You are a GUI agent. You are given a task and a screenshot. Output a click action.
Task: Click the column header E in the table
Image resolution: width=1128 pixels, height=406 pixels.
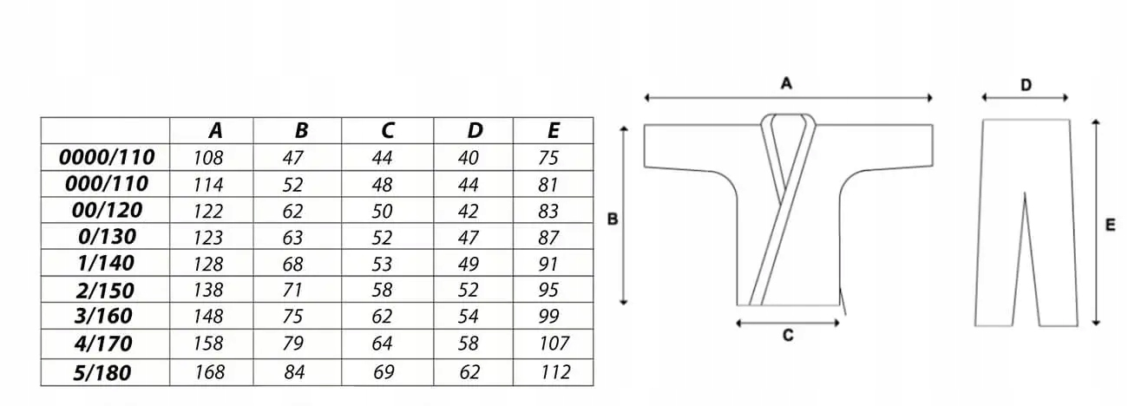click(554, 131)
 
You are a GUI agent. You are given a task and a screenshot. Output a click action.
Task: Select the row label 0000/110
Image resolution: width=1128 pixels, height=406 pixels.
click(107, 158)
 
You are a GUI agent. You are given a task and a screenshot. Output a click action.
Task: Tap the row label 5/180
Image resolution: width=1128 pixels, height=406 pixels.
click(104, 372)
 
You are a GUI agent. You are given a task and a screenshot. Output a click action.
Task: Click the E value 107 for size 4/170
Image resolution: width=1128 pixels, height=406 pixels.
click(554, 344)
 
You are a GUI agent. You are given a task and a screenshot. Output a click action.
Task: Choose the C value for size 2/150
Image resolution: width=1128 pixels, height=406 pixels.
click(382, 291)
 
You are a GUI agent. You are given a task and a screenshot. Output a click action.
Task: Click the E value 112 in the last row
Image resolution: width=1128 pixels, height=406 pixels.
click(554, 372)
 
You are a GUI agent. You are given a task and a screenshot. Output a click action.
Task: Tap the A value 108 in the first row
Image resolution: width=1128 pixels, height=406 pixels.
click(209, 158)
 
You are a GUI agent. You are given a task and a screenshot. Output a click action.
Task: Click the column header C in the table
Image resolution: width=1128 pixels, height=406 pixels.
click(387, 131)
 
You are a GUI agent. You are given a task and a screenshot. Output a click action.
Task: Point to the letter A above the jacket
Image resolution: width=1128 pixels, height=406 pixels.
click(787, 83)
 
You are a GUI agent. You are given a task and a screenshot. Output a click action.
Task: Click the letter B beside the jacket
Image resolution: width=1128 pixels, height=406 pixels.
click(612, 219)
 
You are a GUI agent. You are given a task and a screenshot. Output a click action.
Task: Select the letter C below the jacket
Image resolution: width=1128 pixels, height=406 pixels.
click(788, 335)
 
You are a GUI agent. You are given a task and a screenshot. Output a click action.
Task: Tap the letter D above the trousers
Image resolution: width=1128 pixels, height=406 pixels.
click(1026, 85)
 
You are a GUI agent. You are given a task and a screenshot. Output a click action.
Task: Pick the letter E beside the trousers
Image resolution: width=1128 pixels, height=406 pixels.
click(1110, 225)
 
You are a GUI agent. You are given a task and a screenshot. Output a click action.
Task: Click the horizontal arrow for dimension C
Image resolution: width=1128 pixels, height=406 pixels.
click(788, 323)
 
